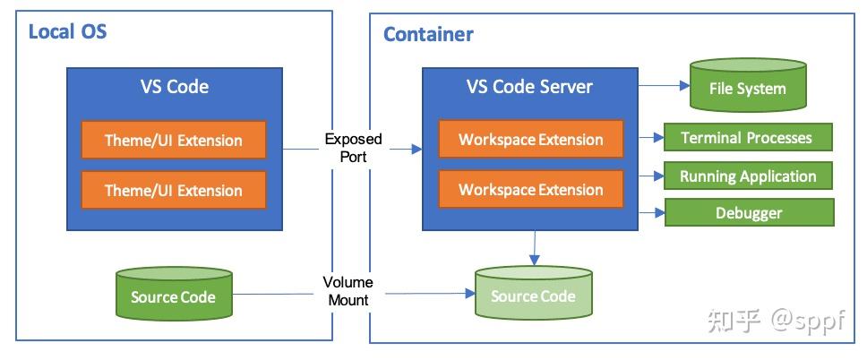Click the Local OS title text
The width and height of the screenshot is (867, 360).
(68, 33)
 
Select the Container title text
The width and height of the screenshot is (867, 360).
(428, 35)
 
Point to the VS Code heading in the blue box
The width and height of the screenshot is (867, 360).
(174, 87)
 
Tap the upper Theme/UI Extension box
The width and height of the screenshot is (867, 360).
(174, 141)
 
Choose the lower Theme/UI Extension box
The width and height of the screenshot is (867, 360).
(174, 190)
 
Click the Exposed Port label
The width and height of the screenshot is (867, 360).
(353, 147)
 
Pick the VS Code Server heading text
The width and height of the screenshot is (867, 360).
(529, 87)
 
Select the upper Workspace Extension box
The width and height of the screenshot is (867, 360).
(530, 141)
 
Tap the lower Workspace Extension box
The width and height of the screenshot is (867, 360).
(530, 190)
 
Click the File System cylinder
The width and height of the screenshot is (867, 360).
(747, 88)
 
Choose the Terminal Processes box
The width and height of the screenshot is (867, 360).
(747, 138)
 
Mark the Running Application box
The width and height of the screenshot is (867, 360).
(748, 176)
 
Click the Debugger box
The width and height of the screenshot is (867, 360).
(749, 213)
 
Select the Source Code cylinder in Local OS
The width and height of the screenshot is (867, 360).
(174, 296)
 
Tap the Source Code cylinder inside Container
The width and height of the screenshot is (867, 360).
(533, 296)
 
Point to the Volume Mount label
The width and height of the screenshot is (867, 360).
(348, 291)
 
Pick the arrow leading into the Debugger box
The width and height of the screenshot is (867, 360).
(651, 213)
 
